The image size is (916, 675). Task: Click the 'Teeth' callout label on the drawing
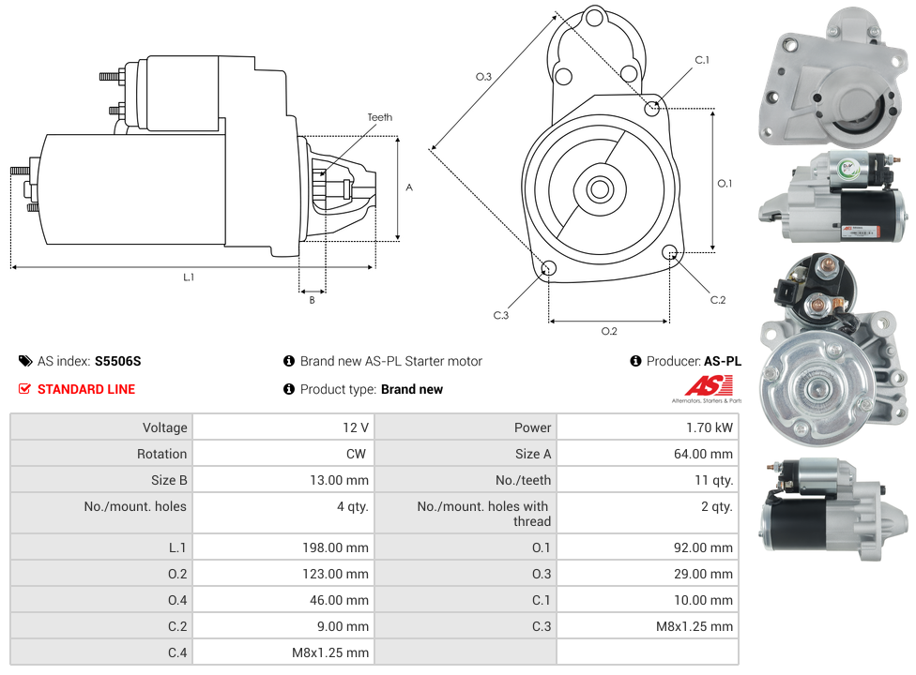pyautogui.click(x=379, y=117)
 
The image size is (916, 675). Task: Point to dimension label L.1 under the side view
pyautogui.click(x=189, y=277)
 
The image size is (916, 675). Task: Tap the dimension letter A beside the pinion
pyautogui.click(x=409, y=187)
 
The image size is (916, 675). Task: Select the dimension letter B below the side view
pyautogui.click(x=313, y=300)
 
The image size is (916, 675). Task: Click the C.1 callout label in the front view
pyautogui.click(x=701, y=60)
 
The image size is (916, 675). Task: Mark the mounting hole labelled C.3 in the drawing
pyautogui.click(x=549, y=270)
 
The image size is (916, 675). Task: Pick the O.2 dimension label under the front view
pyautogui.click(x=609, y=331)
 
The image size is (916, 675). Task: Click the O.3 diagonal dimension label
pyautogui.click(x=484, y=77)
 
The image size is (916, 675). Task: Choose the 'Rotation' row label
pyautogui.click(x=161, y=454)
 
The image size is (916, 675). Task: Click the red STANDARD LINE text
pyautogui.click(x=86, y=389)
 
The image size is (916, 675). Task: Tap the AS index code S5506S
pyautogui.click(x=117, y=361)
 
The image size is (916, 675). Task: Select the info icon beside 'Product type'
pyautogui.click(x=289, y=389)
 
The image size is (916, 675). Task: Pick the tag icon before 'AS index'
pyautogui.click(x=25, y=361)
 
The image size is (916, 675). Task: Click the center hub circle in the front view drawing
pyautogui.click(x=599, y=189)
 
